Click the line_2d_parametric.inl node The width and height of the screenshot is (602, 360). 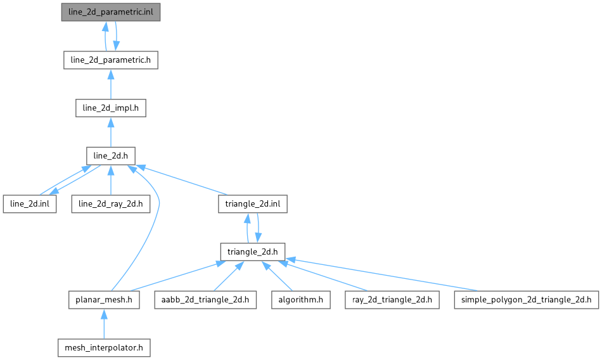111,12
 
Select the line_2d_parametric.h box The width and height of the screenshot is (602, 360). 111,60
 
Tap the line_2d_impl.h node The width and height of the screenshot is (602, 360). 111,108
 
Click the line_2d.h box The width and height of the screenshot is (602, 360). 111,156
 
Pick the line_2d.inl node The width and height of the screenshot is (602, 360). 30,204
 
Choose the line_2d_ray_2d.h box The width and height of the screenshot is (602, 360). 111,204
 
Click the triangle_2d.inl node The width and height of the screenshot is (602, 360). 253,204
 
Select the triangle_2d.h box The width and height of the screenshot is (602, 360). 253,252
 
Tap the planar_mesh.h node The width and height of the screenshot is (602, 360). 104,300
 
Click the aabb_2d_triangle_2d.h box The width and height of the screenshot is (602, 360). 205,300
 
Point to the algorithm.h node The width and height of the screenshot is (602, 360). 301,300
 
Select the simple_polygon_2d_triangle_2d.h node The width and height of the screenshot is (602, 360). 526,300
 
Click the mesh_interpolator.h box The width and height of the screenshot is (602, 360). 104,347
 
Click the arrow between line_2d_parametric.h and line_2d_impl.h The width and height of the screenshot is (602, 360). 111,84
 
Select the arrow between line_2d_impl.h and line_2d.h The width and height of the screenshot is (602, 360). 111,132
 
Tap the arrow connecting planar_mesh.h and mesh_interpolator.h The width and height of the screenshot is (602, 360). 104,324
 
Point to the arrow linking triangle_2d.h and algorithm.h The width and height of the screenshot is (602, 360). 278,277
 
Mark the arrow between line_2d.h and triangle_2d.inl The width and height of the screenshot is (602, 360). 184,181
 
